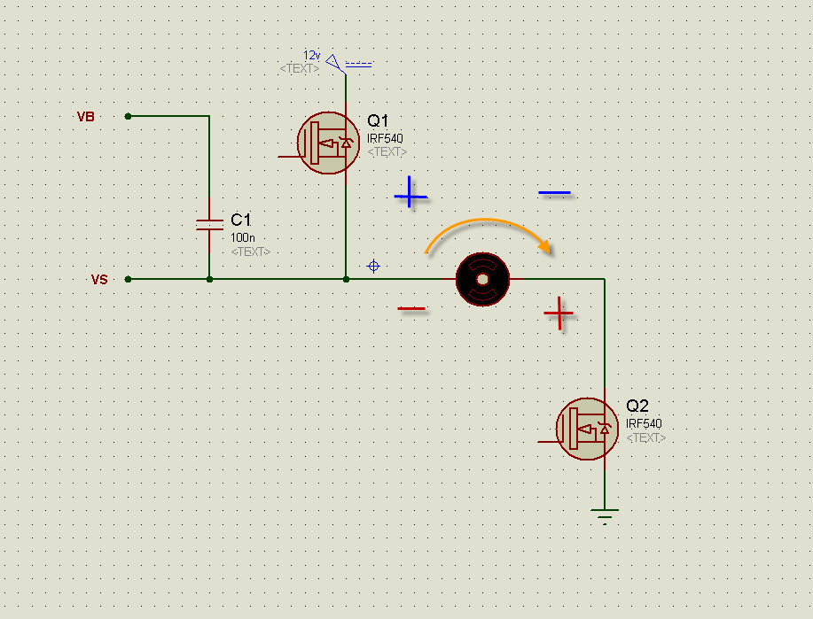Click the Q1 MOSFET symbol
point(328,143)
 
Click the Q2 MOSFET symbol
point(587,429)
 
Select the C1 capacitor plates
point(209,225)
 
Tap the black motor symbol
point(482,279)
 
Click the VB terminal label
point(85,117)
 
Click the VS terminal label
point(99,280)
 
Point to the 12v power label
point(311,55)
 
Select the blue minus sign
point(554,193)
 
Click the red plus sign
point(559,313)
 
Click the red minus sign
point(411,309)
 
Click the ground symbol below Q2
point(605,516)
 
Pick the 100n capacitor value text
point(243,237)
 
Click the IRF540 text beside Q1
point(385,138)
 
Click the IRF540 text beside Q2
point(644,423)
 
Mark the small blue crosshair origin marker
point(373,267)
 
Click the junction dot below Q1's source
point(346,280)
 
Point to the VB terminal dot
point(128,117)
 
